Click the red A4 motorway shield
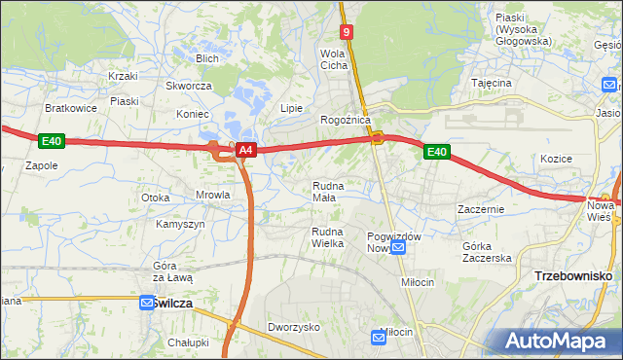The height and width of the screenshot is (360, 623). [246, 150]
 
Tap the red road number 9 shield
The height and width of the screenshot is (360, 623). [347, 32]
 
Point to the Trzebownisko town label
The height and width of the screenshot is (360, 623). [573, 276]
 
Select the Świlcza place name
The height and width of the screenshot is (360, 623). [172, 304]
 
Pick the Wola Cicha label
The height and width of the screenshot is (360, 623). [334, 59]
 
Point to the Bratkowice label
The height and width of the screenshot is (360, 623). [71, 108]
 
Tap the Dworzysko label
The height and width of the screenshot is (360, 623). [294, 328]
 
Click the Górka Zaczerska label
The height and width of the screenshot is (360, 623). [488, 252]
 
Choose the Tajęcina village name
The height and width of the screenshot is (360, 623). [491, 84]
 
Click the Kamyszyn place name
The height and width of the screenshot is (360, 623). [180, 224]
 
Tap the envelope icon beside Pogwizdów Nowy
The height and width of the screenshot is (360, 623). [397, 248]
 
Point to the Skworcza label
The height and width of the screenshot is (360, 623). [189, 86]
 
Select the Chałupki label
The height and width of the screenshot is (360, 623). [188, 342]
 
